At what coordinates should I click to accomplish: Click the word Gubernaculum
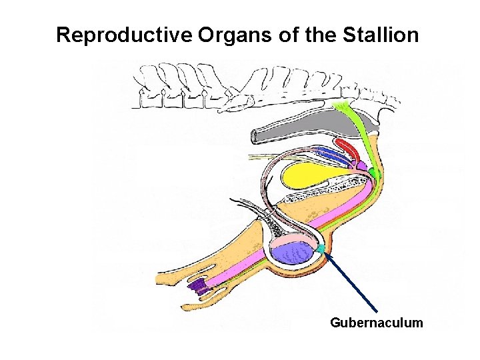(376, 323)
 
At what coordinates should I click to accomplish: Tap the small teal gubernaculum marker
(321, 249)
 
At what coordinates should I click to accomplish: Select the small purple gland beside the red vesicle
(361, 164)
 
